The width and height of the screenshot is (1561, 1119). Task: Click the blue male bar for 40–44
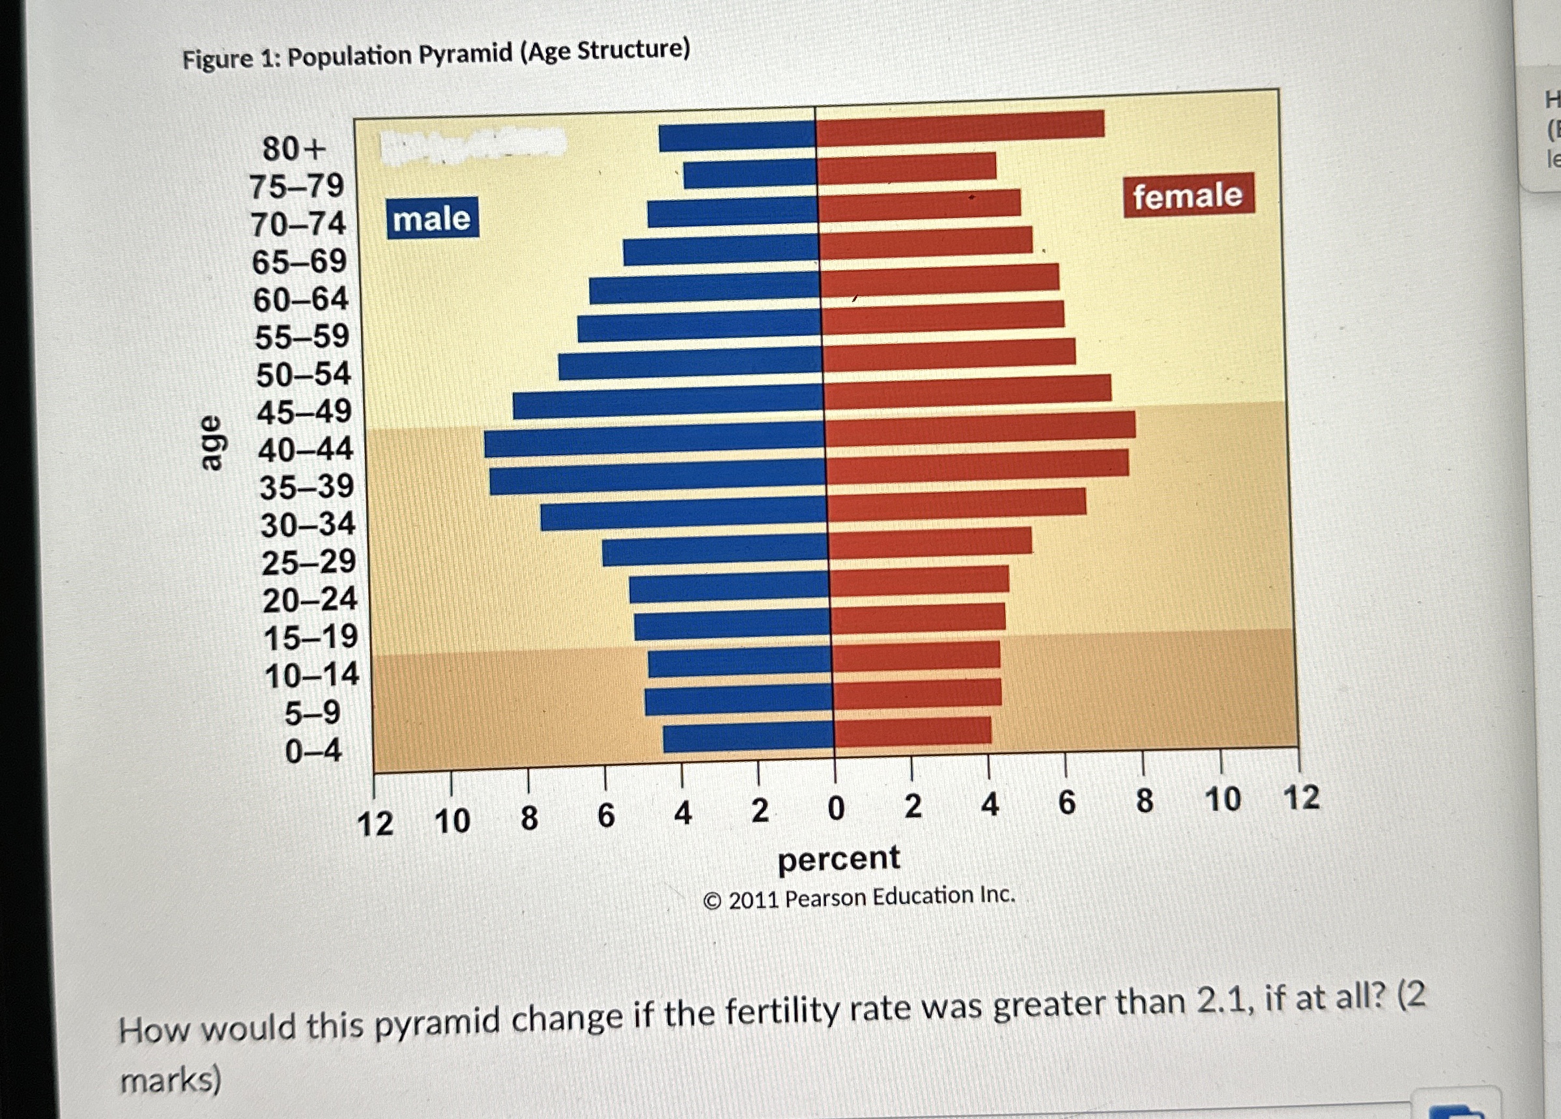point(654,444)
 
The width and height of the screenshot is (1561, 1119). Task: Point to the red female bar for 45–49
point(967,390)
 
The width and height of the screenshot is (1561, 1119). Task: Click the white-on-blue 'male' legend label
point(432,219)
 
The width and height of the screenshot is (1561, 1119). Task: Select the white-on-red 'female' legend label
point(1188,195)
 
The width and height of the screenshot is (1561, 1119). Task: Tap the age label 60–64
point(301,300)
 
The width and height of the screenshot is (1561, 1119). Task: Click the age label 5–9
point(313,713)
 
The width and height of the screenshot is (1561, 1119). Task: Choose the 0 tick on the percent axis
point(836,808)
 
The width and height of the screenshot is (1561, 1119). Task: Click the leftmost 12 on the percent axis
point(375,824)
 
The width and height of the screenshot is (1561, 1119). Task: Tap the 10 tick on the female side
point(1222,800)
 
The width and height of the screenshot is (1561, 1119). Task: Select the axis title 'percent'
point(838,859)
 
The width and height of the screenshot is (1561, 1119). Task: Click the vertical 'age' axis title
point(211,442)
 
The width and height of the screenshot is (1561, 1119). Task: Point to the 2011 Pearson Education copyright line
point(859,898)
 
